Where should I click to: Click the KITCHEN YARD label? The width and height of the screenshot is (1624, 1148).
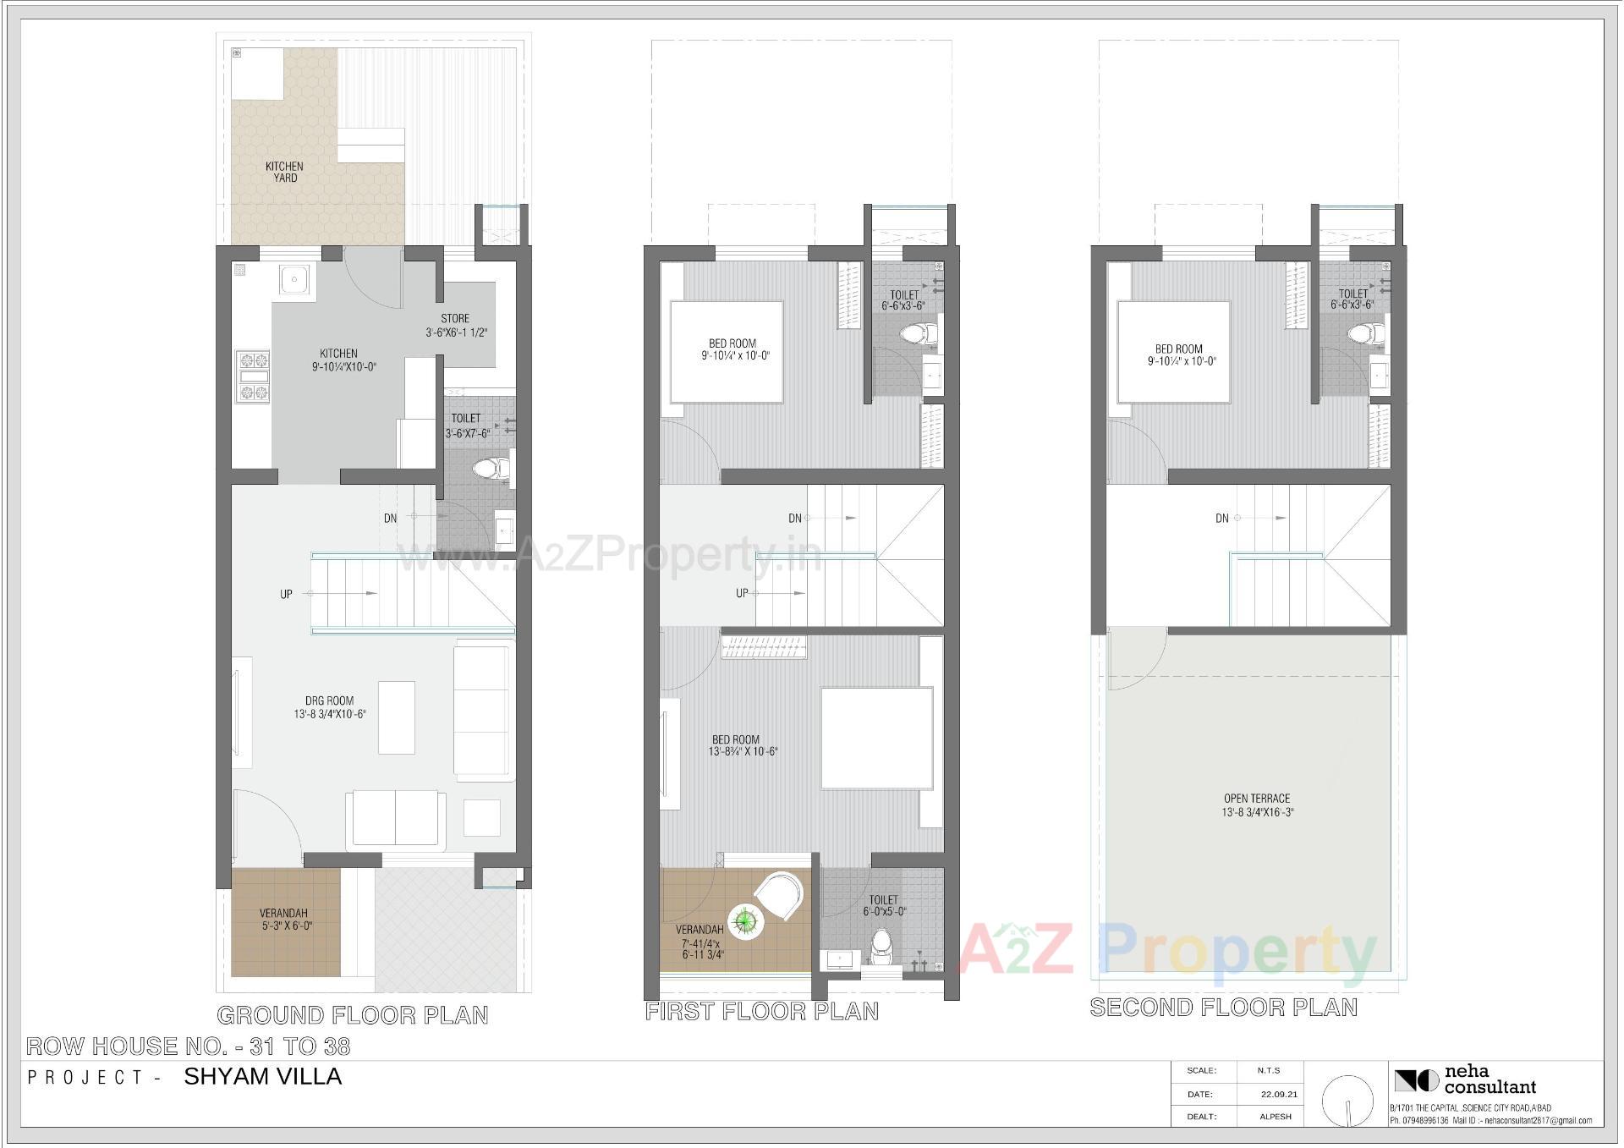click(x=284, y=172)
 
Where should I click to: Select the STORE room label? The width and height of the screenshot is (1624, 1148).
click(x=455, y=319)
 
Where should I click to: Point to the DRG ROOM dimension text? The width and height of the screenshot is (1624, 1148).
click(x=330, y=714)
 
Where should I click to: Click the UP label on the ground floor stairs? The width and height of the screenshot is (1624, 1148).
click(x=287, y=594)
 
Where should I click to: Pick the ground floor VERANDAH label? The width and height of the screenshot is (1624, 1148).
click(x=284, y=914)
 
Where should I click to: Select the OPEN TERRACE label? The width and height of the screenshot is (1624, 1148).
click(x=1257, y=799)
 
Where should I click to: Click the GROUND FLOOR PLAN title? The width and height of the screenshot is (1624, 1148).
click(x=353, y=1015)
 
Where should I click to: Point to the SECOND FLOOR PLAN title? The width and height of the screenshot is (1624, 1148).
click(x=1224, y=1008)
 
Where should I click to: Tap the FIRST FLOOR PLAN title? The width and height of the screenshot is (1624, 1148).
click(x=762, y=1012)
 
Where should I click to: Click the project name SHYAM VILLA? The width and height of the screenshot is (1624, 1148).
click(x=263, y=1077)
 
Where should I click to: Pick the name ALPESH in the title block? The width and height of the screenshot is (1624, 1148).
click(x=1276, y=1117)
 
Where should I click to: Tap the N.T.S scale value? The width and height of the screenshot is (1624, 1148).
click(x=1269, y=1071)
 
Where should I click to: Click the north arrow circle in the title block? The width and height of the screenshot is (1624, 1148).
click(x=1348, y=1101)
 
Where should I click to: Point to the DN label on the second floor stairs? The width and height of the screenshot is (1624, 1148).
click(x=1222, y=519)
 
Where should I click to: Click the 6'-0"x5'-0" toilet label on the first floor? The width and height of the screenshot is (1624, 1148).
click(x=884, y=912)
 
